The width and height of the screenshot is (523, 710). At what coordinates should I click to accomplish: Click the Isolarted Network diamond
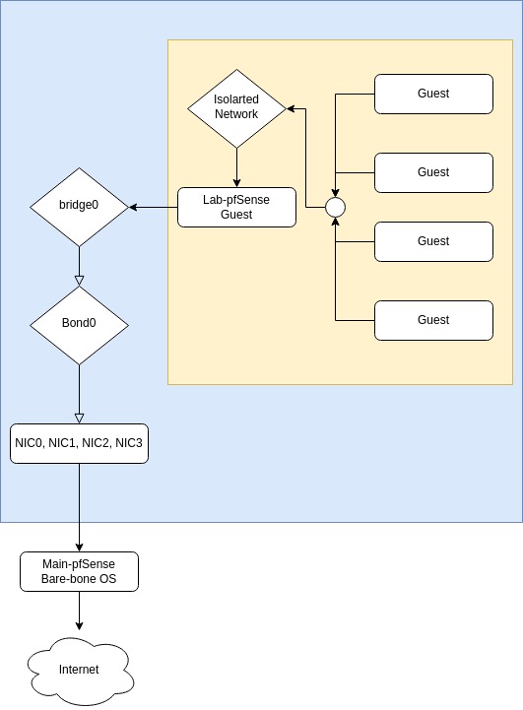click(x=236, y=108)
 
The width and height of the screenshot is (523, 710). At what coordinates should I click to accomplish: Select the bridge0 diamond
click(x=79, y=208)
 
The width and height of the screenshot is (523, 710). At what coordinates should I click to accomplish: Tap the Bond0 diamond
click(x=79, y=325)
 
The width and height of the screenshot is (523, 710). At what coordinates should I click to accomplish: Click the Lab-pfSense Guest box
click(x=236, y=208)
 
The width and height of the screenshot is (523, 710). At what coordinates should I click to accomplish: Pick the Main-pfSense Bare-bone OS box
click(x=79, y=571)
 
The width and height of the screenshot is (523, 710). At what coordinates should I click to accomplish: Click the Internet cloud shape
click(x=80, y=671)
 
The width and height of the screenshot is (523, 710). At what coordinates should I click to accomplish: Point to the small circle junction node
click(x=336, y=208)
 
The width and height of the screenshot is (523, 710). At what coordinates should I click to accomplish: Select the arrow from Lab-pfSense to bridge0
click(x=153, y=208)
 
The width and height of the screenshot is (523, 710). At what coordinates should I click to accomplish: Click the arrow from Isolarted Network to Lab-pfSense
click(x=236, y=167)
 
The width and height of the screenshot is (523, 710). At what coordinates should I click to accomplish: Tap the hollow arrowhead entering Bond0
click(x=79, y=282)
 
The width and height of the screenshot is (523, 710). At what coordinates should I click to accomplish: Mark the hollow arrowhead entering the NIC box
click(x=79, y=419)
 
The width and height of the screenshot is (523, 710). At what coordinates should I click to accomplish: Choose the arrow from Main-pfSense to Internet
click(x=79, y=611)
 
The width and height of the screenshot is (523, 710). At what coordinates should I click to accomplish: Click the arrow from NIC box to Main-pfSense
click(x=79, y=507)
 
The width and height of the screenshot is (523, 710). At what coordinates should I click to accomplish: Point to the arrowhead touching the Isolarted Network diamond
click(x=292, y=108)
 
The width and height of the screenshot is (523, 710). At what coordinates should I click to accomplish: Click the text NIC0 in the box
click(x=30, y=443)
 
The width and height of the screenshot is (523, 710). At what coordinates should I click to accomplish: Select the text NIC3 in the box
click(x=129, y=443)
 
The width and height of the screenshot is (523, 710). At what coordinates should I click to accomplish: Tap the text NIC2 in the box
click(x=97, y=443)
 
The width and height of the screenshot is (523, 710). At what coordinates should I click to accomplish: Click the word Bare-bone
click(x=62, y=579)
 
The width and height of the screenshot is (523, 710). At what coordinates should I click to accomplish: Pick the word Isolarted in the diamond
click(x=236, y=99)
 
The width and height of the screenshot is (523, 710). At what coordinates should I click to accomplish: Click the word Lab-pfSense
click(x=236, y=200)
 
